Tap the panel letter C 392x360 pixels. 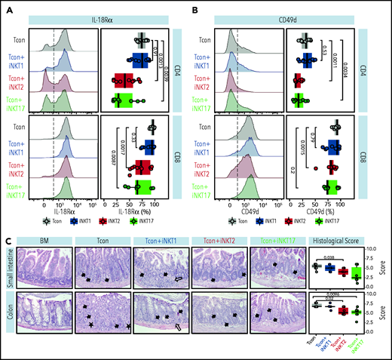pos(7,240)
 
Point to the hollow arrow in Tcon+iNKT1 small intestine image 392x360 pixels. pos(176,278)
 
